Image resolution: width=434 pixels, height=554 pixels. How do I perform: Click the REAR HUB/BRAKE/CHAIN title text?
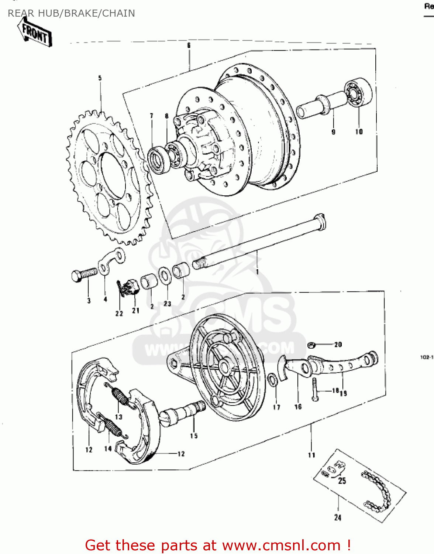coord(71,13)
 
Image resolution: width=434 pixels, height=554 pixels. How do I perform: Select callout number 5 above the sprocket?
coord(100,78)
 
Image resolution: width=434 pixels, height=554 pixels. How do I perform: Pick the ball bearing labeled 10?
coord(358,92)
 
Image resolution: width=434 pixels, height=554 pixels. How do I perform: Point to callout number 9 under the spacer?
coord(333,132)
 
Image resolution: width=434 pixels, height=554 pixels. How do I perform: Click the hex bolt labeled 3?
coord(83,276)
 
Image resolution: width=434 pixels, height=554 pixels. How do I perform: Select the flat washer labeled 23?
coord(165,276)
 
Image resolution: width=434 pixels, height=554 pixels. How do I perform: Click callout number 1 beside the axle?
coord(257,271)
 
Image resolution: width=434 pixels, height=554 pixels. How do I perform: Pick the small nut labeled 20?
coord(311,345)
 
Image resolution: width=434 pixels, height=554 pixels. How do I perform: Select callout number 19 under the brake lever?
coord(343,393)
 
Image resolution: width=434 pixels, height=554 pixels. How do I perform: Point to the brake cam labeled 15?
coord(181,414)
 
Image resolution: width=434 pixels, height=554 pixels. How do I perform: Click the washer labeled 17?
coord(273,380)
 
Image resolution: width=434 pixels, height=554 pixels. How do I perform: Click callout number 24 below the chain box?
coord(338,517)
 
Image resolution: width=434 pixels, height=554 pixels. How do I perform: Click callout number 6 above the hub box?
coord(189,45)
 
